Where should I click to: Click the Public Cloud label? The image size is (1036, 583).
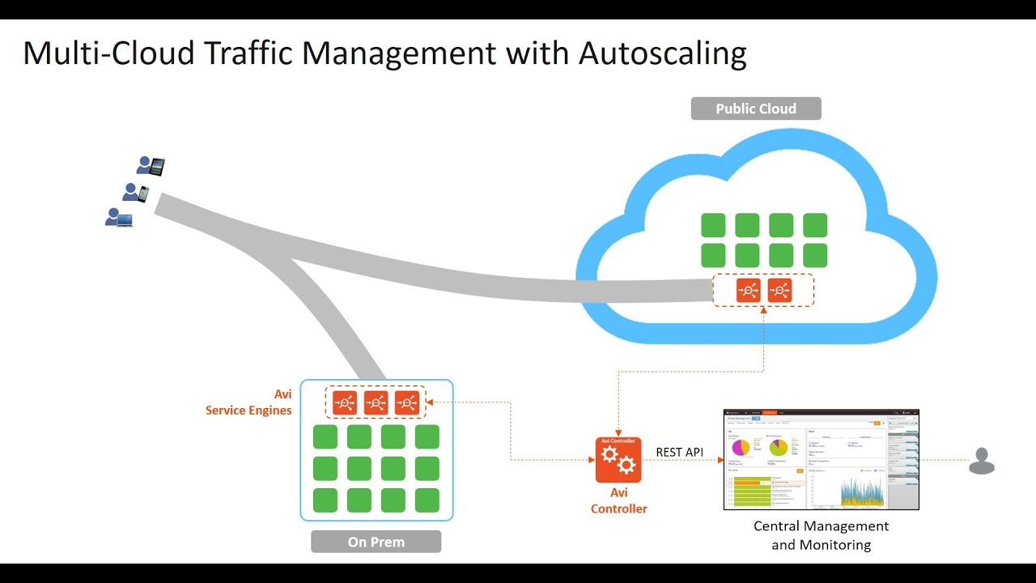pyautogui.click(x=756, y=109)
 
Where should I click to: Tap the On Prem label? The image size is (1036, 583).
pyautogui.click(x=376, y=542)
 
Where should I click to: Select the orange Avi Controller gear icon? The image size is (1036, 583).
pyautogui.click(x=618, y=460)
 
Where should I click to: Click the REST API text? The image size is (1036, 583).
pyautogui.click(x=680, y=452)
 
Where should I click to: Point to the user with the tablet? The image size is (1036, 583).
pyautogui.click(x=151, y=166)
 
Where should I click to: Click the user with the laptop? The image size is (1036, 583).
pyautogui.click(x=118, y=217)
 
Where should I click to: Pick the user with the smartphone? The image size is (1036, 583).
pyautogui.click(x=135, y=193)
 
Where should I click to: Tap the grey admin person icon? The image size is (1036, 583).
pyautogui.click(x=981, y=461)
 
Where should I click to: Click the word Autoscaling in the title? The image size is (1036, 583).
pyautogui.click(x=662, y=53)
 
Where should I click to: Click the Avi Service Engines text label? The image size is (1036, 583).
pyautogui.click(x=248, y=402)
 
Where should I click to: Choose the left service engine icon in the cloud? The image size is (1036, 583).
pyautogui.click(x=749, y=290)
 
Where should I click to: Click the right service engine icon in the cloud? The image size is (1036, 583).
pyautogui.click(x=779, y=290)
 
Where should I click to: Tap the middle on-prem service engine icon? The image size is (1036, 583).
pyautogui.click(x=376, y=402)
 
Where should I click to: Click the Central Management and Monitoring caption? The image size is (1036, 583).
pyautogui.click(x=821, y=535)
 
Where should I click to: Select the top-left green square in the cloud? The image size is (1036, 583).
pyautogui.click(x=713, y=225)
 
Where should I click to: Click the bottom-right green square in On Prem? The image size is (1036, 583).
pyautogui.click(x=427, y=500)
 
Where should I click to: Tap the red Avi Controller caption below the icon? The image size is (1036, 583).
pyautogui.click(x=618, y=500)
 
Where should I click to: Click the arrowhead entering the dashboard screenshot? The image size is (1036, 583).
pyautogui.click(x=720, y=460)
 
